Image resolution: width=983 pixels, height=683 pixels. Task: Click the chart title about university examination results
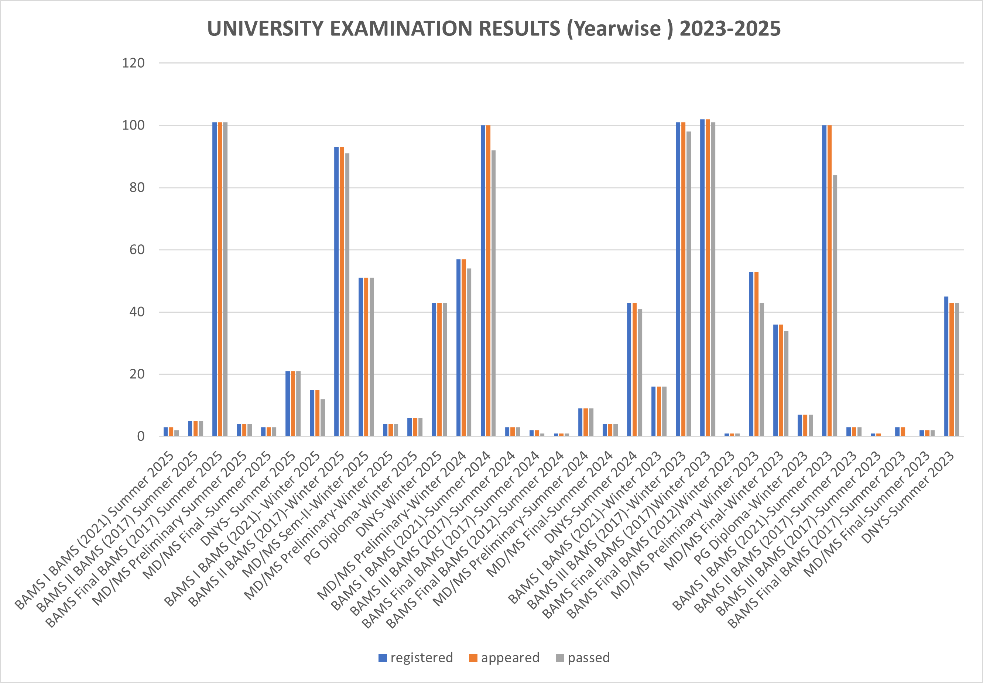494,29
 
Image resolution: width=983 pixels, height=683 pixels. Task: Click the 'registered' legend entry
415,657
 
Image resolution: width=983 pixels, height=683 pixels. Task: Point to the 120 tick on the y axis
134,64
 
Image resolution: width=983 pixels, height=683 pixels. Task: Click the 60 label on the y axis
137,250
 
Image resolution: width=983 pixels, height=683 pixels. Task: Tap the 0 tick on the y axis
141,436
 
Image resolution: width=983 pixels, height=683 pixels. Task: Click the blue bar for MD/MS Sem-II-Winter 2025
361,357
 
